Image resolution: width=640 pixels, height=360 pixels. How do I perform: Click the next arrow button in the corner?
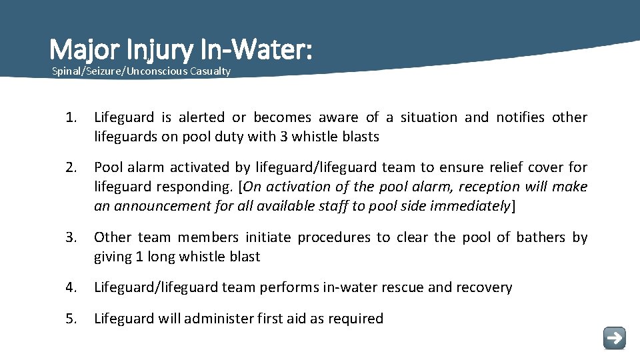tap(614, 337)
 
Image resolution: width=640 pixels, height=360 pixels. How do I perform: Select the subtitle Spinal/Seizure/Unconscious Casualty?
tap(141, 71)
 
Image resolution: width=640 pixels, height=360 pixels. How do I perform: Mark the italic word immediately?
tap(469, 205)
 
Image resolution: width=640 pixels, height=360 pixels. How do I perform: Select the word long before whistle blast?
tap(165, 257)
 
